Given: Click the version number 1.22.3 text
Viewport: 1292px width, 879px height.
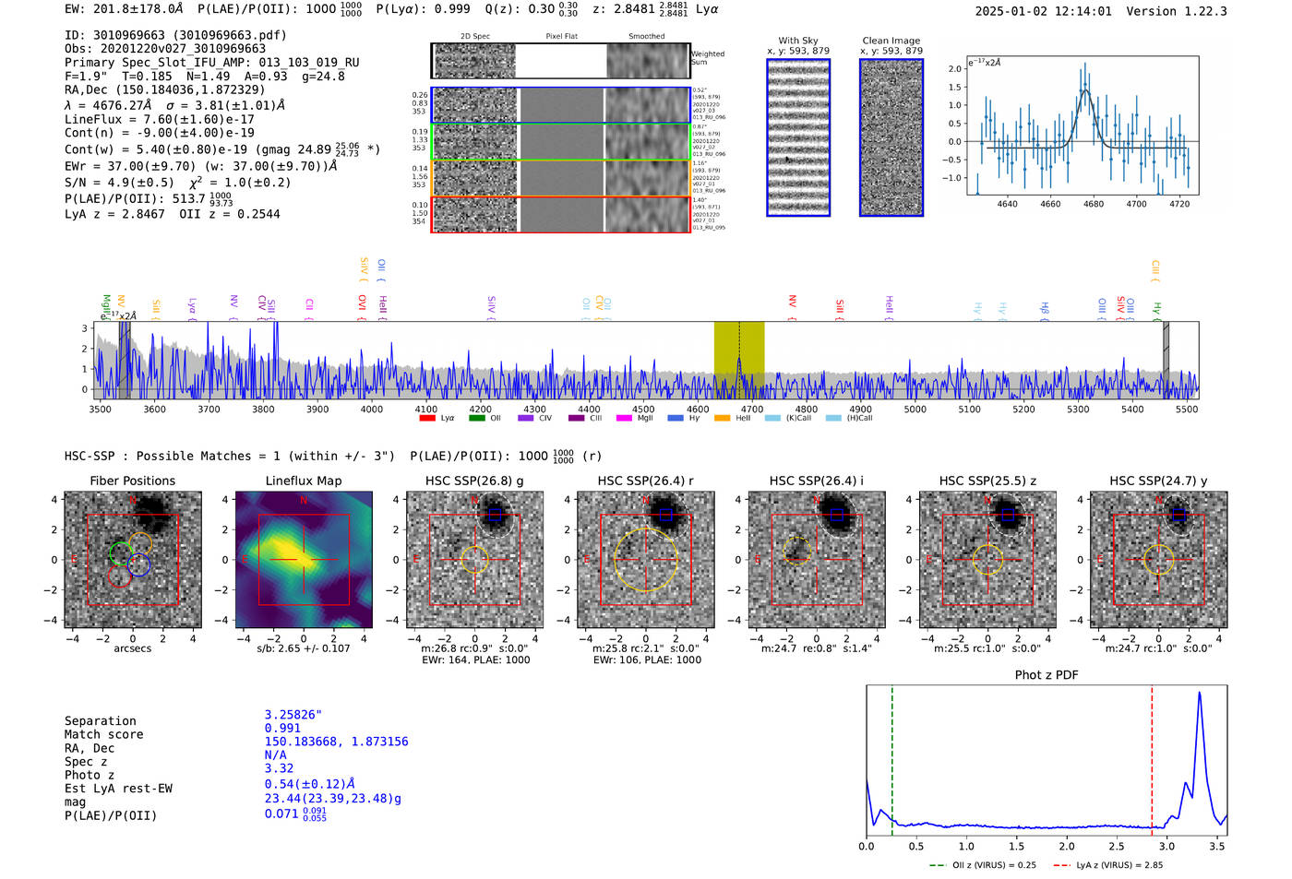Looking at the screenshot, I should point(1203,11).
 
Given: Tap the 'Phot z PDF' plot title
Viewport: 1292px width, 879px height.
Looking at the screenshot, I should point(1047,674).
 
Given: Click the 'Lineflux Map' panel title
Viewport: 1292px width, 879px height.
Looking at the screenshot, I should point(303,481).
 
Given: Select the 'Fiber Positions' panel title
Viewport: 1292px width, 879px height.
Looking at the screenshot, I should point(132,481).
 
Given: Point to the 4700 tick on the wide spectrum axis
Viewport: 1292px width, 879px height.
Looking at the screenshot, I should point(752,409).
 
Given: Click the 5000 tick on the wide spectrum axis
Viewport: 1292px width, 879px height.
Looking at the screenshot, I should point(915,409).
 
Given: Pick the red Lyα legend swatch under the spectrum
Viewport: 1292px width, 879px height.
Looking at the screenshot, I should point(427,418).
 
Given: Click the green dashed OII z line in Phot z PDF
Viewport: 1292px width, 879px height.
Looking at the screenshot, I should point(892,756).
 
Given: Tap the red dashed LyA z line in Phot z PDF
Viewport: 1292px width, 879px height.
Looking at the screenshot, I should point(1152,756).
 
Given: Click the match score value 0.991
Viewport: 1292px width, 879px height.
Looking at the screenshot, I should point(282,728).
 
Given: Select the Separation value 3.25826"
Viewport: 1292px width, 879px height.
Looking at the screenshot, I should point(293,715).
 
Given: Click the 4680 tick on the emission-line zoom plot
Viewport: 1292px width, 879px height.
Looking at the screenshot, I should point(1094,204).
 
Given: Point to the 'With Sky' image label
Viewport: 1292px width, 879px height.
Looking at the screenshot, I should point(798,41).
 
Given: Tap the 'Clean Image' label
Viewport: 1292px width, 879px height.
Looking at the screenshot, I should point(891,41).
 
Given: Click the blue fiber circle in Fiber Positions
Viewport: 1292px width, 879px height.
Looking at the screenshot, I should point(139,564).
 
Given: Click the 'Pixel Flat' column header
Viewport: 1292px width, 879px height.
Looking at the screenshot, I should point(561,36).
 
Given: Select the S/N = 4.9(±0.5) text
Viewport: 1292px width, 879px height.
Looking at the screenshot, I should point(119,183).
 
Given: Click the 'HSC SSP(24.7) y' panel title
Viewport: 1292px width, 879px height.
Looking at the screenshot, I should point(1158,481).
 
